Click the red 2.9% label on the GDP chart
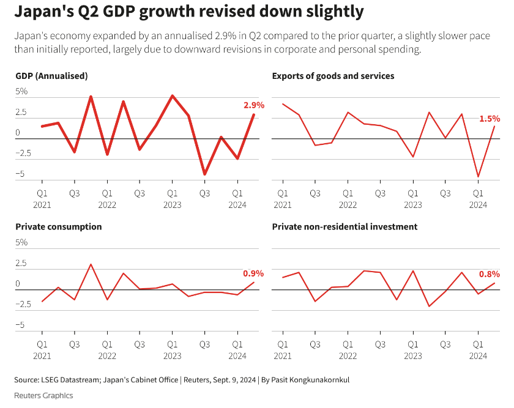253,105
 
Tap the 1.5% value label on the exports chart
490,119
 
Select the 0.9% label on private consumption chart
253,273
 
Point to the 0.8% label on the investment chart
490,274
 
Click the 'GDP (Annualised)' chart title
51,76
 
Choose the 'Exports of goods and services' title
333,76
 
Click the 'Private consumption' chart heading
58,226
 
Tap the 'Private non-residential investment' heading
345,226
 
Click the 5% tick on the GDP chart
21,91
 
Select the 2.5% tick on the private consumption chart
21,263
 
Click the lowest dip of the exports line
479,177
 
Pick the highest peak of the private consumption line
91,264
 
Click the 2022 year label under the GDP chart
107,205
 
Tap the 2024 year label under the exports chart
479,205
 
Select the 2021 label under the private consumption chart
42,355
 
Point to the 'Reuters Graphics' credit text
43,395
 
